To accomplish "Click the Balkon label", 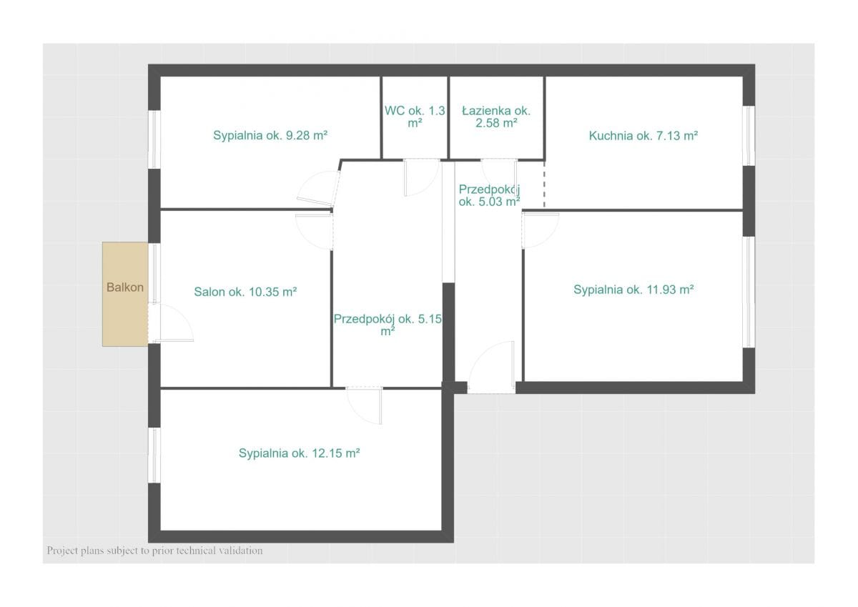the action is click(x=125, y=287).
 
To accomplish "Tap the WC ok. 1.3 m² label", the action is click(x=415, y=117).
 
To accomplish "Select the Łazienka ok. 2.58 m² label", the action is click(x=496, y=117).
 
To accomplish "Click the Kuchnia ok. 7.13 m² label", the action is click(x=643, y=136).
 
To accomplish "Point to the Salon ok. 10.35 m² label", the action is click(x=245, y=292).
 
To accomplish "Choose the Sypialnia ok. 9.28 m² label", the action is click(x=270, y=136).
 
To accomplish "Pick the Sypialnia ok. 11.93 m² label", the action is click(x=633, y=290).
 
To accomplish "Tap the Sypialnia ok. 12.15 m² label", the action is click(x=299, y=453).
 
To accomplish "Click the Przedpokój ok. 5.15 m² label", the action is click(x=388, y=325).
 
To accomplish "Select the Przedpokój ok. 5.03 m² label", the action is click(x=489, y=195).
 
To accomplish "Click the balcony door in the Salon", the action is click(x=170, y=322).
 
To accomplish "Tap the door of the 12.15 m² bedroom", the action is click(x=364, y=406).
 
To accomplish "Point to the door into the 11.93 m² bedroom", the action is click(x=540, y=230).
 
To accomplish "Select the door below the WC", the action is click(x=422, y=178).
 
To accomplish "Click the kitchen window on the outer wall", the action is click(x=749, y=136).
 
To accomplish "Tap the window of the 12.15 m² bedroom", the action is click(x=154, y=455).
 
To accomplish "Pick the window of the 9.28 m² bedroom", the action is click(x=154, y=139).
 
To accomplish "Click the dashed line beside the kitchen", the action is click(x=544, y=184).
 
